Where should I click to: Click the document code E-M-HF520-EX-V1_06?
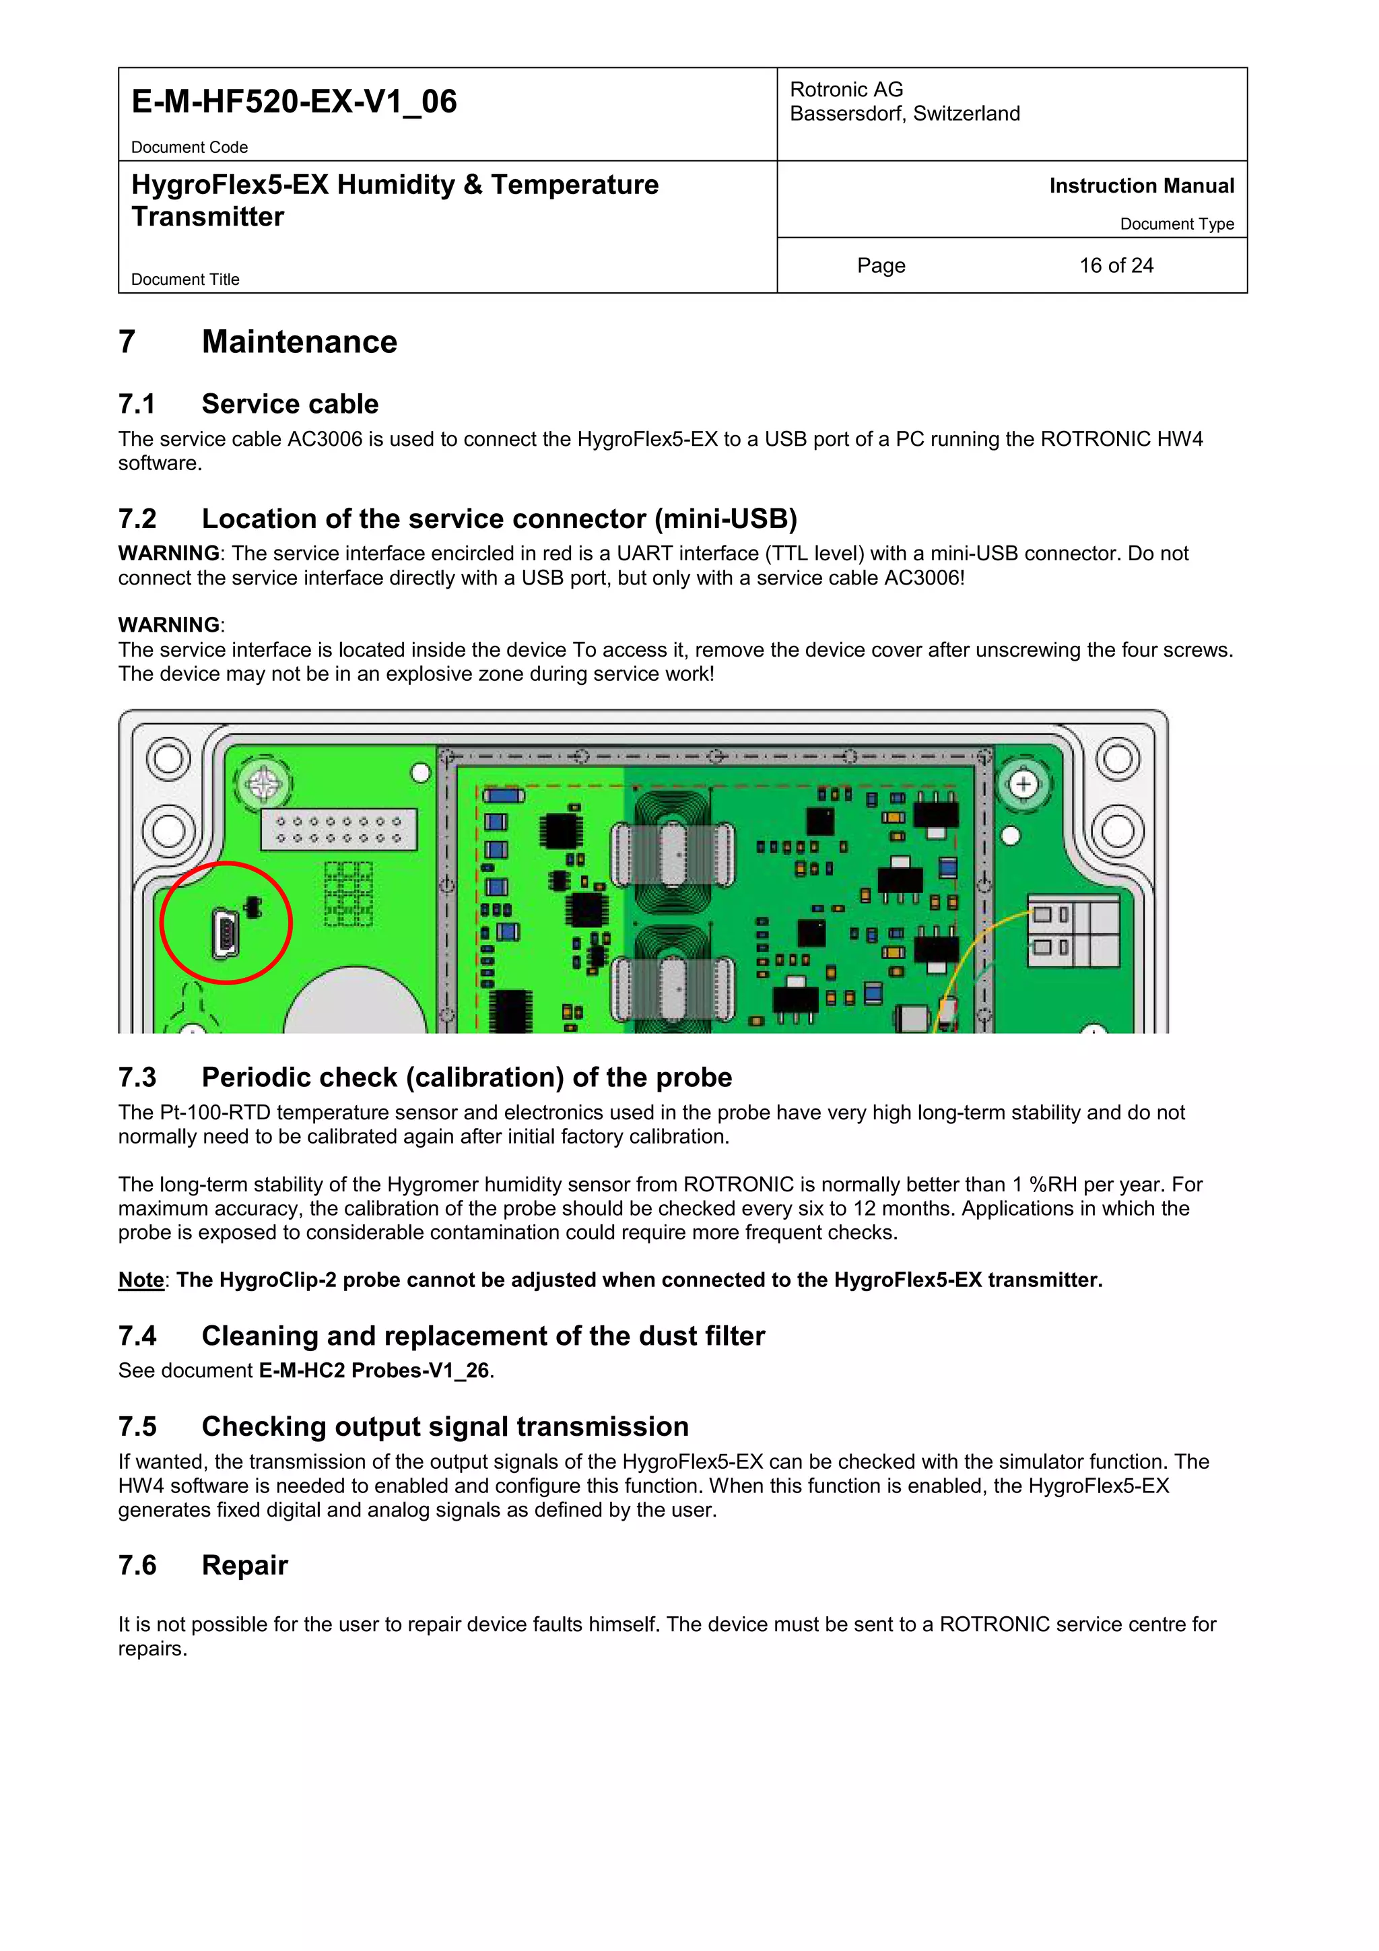pyautogui.click(x=294, y=102)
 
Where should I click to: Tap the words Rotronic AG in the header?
pyautogui.click(x=846, y=89)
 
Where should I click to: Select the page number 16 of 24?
pyautogui.click(x=1116, y=266)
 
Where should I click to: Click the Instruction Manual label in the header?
pyautogui.click(x=1141, y=186)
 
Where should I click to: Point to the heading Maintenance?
pyautogui.click(x=299, y=341)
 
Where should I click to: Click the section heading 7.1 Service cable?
pyautogui.click(x=248, y=403)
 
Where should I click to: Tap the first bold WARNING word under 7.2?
pyautogui.click(x=168, y=553)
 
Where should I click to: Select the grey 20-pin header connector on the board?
pyautogui.click(x=338, y=829)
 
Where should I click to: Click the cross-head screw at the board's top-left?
pyautogui.click(x=263, y=783)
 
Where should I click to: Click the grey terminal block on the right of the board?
pyautogui.click(x=1074, y=931)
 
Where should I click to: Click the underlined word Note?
pyautogui.click(x=141, y=1280)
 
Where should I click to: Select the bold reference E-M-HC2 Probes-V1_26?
pyautogui.click(x=374, y=1370)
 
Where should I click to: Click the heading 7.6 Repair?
pyautogui.click(x=203, y=1565)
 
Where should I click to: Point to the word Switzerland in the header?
pyautogui.click(x=966, y=114)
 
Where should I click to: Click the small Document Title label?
pyautogui.click(x=185, y=279)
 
